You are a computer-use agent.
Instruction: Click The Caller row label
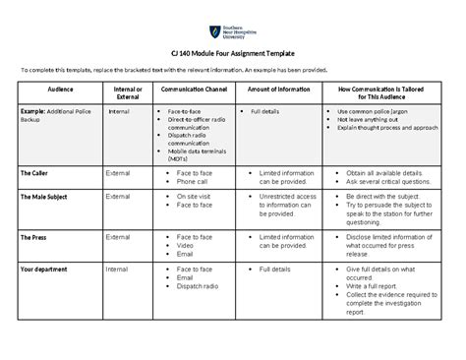[36, 171]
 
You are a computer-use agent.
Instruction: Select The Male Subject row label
[44, 197]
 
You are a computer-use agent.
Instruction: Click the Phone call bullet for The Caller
[192, 181]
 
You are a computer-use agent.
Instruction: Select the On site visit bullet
[194, 197]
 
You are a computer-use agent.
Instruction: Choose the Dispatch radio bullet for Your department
[199, 286]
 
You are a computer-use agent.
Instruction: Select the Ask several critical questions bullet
[391, 181]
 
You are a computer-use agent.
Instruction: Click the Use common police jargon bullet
[379, 112]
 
